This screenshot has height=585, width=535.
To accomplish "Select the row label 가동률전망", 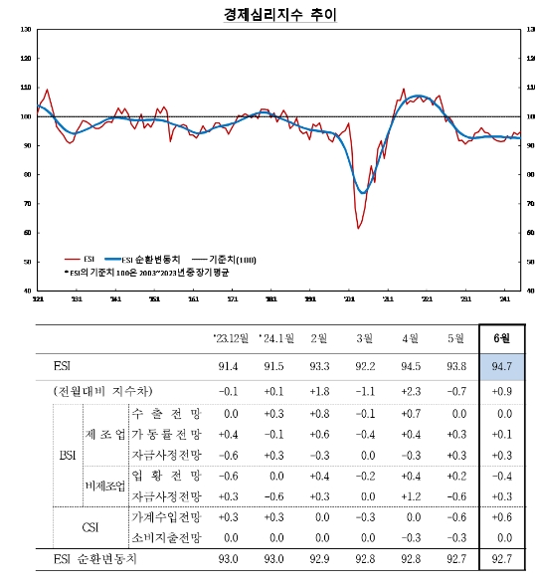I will pos(166,434).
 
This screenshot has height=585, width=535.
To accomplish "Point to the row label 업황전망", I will pos(166,476).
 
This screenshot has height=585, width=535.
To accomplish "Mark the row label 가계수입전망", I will pos(166,517).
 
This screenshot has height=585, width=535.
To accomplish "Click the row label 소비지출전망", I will pos(166,538).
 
